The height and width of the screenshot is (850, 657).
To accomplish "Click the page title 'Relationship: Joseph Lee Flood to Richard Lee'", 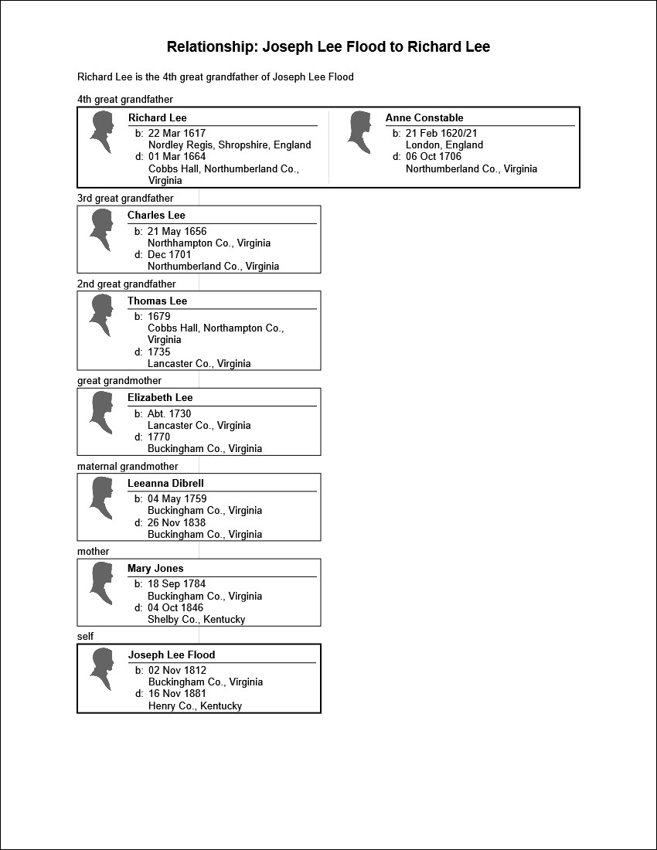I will [x=328, y=47].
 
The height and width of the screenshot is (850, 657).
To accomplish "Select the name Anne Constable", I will [x=424, y=118].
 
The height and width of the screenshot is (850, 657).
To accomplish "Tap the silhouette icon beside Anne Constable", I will [x=358, y=132].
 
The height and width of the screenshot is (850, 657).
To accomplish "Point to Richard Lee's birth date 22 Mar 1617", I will [x=177, y=133].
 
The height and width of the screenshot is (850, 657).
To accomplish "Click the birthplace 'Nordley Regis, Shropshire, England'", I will [x=230, y=144].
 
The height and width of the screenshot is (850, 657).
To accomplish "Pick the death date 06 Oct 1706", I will [x=434, y=157].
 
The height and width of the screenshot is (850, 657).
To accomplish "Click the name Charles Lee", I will [x=156, y=216].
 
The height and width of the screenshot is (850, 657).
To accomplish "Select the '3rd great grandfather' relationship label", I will [x=125, y=199].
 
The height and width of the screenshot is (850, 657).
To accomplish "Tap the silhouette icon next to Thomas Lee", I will [x=100, y=315].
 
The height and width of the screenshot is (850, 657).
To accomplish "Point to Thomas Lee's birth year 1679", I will [x=159, y=316].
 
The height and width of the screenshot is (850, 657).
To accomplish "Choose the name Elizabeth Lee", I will [x=160, y=398].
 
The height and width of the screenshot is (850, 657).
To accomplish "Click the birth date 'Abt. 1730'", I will [x=169, y=413].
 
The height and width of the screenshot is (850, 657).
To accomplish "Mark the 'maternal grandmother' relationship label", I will [x=128, y=467].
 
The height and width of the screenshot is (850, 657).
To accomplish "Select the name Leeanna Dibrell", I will [x=165, y=484].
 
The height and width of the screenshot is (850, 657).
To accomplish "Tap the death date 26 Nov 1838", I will [x=177, y=522].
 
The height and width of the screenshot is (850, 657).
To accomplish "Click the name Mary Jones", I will [x=155, y=569].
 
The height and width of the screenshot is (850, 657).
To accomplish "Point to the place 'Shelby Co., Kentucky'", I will [x=196, y=619].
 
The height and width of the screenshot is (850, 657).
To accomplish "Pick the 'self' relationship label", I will [x=85, y=637].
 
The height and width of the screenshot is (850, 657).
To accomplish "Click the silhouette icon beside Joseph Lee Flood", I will [x=101, y=670].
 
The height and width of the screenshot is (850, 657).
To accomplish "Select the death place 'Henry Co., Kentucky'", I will [x=195, y=705].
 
